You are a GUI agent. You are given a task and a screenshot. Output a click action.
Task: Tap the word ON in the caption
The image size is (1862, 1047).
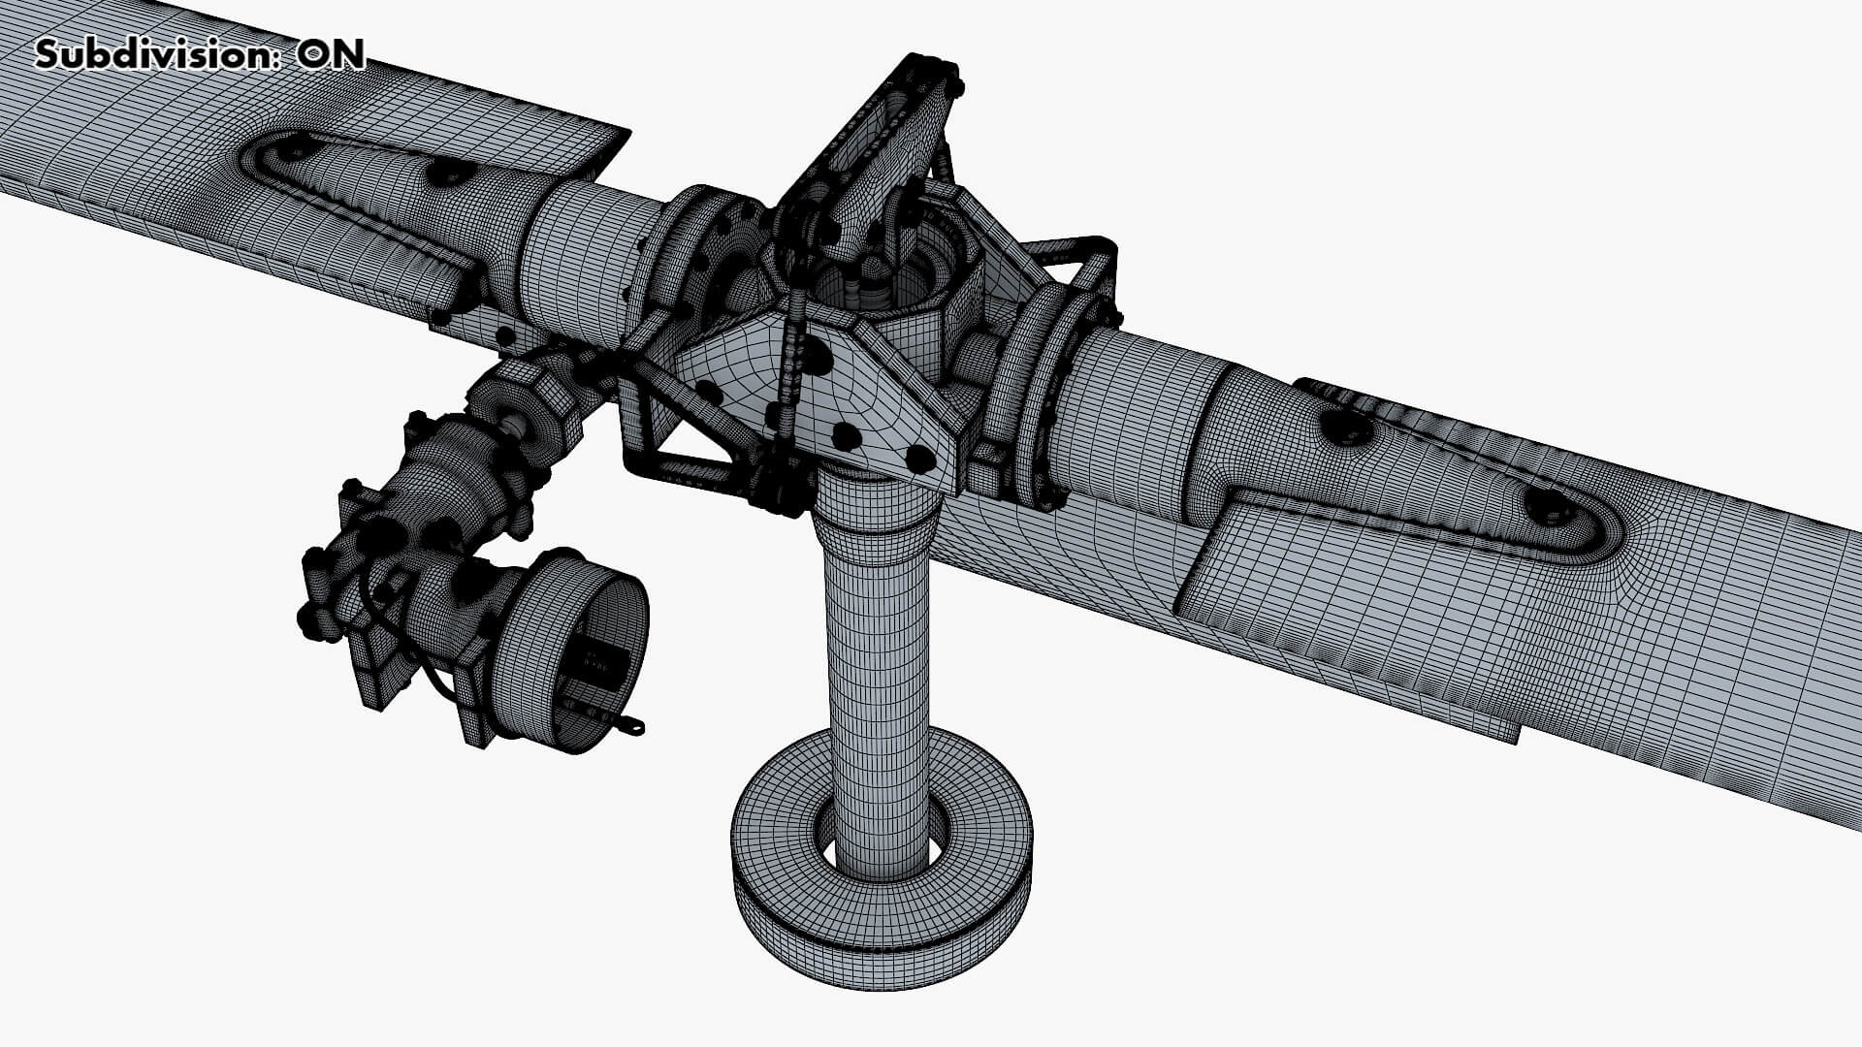[x=331, y=54]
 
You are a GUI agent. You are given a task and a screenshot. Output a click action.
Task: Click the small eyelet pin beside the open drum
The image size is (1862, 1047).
[x=631, y=724]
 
